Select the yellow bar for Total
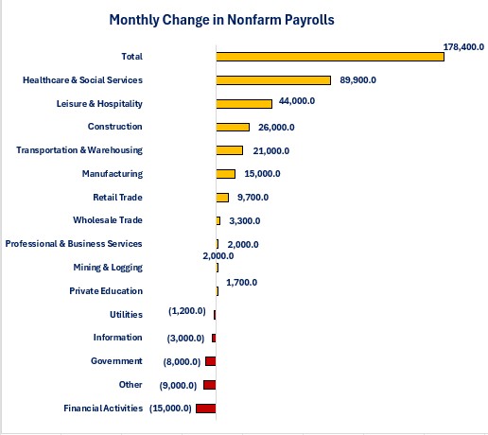pos(330,57)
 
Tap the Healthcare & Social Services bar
pos(273,80)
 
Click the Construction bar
pos(233,127)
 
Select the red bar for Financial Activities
pos(206,409)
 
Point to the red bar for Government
pos(211,361)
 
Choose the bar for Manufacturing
pos(226,174)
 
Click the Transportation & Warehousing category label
pos(79,150)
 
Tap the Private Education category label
pos(106,291)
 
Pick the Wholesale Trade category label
pos(108,220)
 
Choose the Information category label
pos(117,338)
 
